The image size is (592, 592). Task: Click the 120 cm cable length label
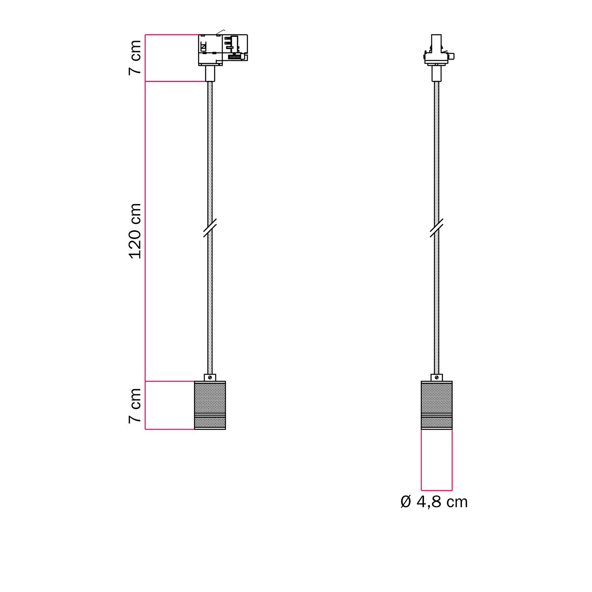point(135,231)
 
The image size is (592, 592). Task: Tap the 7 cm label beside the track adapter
point(135,57)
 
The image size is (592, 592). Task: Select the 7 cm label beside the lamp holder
point(135,405)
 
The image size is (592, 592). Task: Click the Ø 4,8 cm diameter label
point(434,502)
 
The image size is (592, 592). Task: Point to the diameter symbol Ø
point(406,502)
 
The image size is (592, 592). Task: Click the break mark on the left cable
point(210,229)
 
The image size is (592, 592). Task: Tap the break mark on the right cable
point(436,229)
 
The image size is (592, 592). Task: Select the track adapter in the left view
point(223,49)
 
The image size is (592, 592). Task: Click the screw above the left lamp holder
point(210,377)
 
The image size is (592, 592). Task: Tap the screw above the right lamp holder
point(437,377)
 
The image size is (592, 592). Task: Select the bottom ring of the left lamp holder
point(210,423)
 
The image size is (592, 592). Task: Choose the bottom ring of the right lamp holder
point(437,423)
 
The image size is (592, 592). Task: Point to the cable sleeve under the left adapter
point(210,73)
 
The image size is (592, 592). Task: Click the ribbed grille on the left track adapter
point(235,57)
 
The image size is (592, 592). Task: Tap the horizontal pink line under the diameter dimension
point(437,490)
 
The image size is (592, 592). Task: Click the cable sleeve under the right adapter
point(436,73)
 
